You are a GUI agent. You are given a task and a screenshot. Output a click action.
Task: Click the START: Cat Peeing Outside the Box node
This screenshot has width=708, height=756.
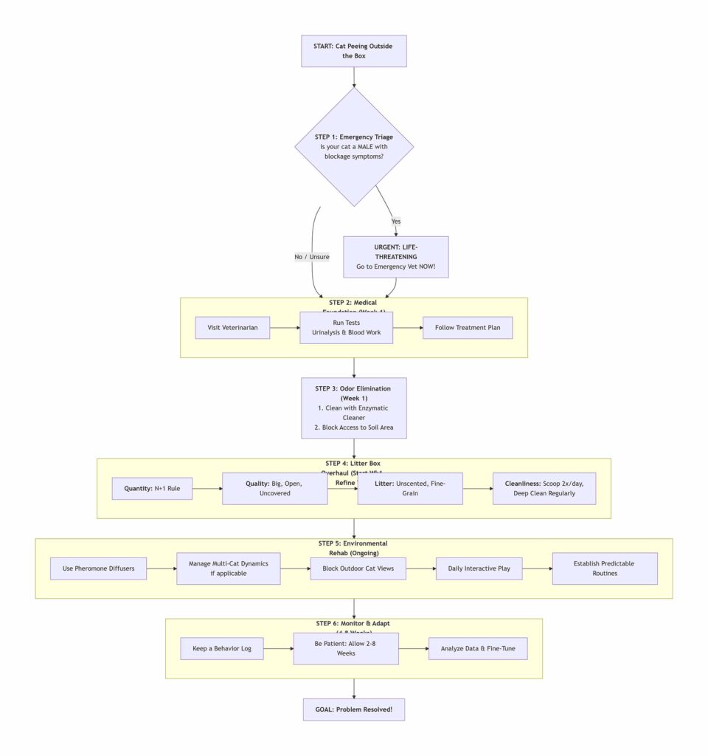[354, 51]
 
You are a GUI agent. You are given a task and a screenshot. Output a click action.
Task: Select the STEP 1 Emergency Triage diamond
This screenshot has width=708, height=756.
[354, 147]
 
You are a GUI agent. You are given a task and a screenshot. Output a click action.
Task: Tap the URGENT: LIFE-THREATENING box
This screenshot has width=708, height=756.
[396, 257]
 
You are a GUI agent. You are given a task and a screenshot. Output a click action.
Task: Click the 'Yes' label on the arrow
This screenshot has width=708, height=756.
[396, 221]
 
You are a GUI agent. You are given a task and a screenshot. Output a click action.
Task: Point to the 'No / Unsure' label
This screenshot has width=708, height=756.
[311, 257]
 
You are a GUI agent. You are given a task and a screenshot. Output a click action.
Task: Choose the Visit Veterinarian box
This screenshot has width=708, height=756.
[232, 327]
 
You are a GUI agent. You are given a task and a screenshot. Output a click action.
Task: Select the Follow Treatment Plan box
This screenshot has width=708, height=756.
[468, 327]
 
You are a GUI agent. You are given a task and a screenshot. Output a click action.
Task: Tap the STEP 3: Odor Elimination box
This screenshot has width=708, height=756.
[354, 408]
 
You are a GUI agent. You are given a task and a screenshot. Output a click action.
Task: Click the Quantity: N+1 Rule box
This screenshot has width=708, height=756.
[152, 488]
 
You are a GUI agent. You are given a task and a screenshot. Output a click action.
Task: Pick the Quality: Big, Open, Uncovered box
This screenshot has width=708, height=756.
[274, 488]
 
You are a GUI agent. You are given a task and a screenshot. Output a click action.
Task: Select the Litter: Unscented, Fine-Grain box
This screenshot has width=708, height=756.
[410, 488]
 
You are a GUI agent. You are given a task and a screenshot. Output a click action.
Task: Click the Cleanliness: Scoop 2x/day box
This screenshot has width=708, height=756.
[544, 488]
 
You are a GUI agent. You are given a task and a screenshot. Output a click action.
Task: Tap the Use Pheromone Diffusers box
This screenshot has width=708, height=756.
[99, 568]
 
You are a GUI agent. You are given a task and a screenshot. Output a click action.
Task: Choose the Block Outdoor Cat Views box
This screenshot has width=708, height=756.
[358, 568]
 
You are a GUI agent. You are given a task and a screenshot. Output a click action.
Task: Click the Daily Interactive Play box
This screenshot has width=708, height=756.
[479, 568]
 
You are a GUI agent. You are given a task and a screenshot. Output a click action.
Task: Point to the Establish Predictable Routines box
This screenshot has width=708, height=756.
[605, 568]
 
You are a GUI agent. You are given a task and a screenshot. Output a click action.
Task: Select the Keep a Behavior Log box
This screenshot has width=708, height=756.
[222, 648]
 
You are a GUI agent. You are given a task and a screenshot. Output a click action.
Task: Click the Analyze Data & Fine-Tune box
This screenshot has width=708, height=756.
[478, 648]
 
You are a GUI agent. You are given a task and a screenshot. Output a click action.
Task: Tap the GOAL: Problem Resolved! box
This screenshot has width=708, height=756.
[354, 709]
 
